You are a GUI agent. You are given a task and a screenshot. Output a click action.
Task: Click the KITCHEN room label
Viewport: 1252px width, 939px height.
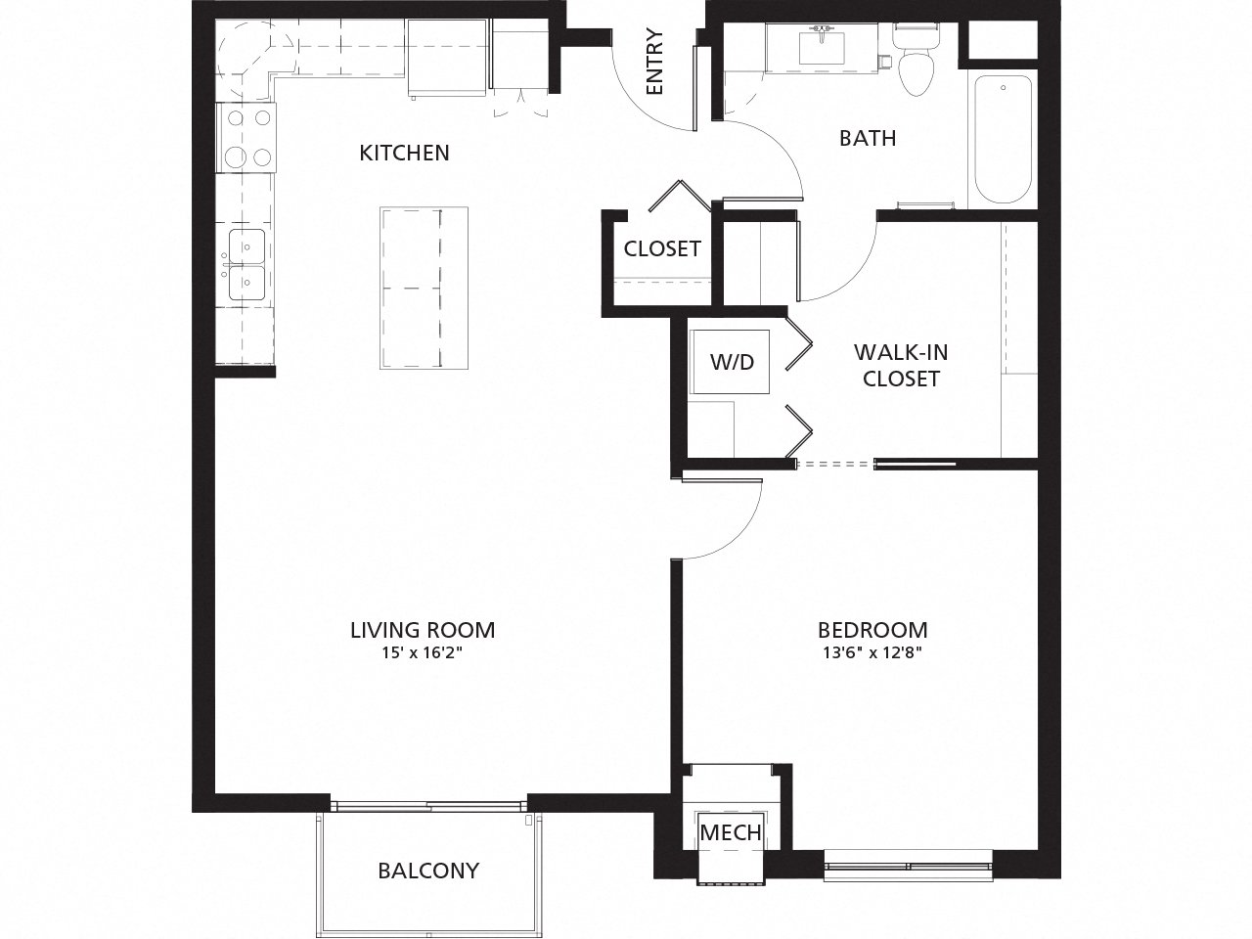[x=404, y=153]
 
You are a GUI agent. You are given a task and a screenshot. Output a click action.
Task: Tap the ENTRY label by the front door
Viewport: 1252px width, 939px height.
[x=655, y=64]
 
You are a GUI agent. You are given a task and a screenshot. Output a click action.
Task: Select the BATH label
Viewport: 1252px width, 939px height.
[x=868, y=138]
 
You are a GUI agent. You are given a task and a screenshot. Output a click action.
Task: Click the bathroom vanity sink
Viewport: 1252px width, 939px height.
[x=821, y=45]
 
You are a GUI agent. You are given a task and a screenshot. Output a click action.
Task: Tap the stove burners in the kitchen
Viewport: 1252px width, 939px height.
[x=247, y=138]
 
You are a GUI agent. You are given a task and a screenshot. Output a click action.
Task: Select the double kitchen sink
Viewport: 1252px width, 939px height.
[x=246, y=264]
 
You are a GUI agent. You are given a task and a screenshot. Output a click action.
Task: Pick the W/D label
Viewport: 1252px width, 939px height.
[x=733, y=362]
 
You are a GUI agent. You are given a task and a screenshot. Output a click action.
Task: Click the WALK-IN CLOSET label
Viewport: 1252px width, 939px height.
[x=901, y=365]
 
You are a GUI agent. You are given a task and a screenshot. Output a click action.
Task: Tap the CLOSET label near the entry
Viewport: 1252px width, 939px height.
[x=662, y=248]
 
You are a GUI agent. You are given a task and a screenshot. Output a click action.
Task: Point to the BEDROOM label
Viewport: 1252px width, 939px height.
[x=872, y=630]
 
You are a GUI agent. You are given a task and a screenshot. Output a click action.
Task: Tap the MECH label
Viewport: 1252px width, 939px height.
[x=731, y=832]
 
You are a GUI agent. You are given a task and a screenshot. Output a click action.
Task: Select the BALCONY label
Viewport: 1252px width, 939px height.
[x=429, y=870]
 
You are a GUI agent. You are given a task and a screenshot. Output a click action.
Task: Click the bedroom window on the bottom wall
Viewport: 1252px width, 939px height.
[x=908, y=866]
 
